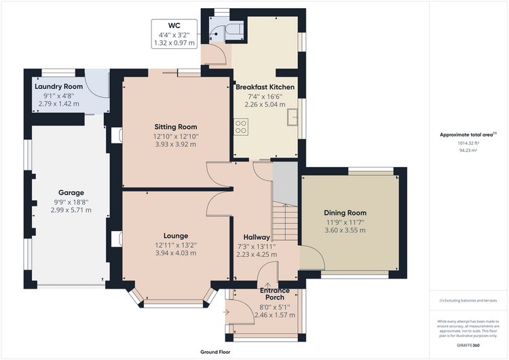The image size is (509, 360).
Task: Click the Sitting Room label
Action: [x=176, y=127]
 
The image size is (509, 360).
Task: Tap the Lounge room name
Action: [x=176, y=236]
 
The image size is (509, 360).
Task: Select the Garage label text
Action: [x=71, y=193]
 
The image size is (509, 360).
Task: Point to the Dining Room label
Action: [x=345, y=213]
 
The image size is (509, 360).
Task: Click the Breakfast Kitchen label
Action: [x=265, y=87]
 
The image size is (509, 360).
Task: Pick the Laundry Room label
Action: [x=59, y=86]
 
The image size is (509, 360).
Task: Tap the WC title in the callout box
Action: [x=174, y=26]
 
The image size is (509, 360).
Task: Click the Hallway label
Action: [x=257, y=238]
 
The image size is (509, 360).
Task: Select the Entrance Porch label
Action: [x=275, y=294]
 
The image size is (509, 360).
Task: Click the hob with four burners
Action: [x=241, y=127]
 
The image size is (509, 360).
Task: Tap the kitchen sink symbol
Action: [x=292, y=118]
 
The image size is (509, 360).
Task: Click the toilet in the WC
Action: [x=235, y=29]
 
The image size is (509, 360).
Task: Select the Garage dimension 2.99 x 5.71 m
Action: [x=71, y=210]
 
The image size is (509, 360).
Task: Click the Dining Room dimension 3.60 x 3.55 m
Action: [x=345, y=230]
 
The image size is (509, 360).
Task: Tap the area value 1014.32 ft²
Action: [x=468, y=143]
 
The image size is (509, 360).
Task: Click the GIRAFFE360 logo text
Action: [x=468, y=345]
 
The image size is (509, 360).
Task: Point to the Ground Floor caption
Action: [x=215, y=352]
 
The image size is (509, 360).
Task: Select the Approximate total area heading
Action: [x=468, y=134]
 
